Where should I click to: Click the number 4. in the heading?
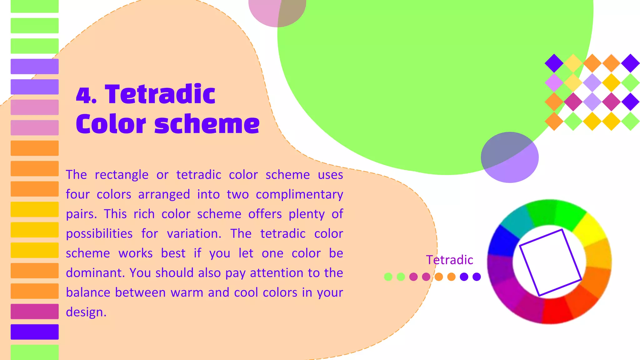[86, 95]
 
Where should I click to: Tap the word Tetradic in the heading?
[160, 94]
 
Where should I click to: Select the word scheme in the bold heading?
[207, 124]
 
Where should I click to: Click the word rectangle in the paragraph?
[122, 175]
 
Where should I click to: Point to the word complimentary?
[299, 194]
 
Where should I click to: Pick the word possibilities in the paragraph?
[99, 234]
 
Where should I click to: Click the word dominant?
[95, 273]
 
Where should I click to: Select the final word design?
[86, 312]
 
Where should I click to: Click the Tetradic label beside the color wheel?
[449, 260]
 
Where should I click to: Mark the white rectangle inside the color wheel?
[550, 262]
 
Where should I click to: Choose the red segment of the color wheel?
[556, 311]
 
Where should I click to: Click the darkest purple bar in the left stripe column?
[34, 332]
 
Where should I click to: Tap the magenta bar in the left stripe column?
[34, 311]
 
